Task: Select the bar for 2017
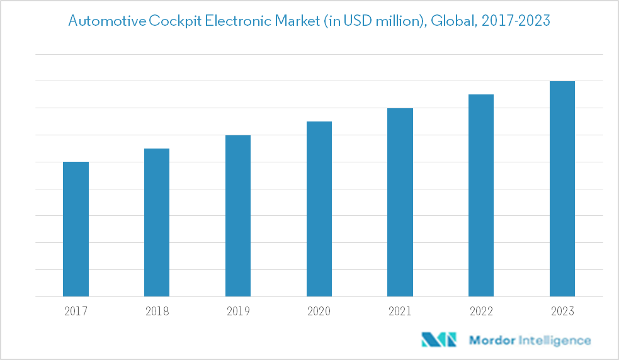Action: pyautogui.click(x=76, y=229)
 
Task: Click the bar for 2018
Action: pyautogui.click(x=157, y=222)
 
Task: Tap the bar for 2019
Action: pyautogui.click(x=238, y=216)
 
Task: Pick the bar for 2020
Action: pyautogui.click(x=319, y=209)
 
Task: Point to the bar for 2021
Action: pyautogui.click(x=400, y=202)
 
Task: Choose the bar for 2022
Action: pyautogui.click(x=481, y=195)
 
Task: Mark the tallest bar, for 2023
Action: pyautogui.click(x=562, y=189)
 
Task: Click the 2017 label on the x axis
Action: pyautogui.click(x=76, y=311)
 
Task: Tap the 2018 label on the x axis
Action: pyautogui.click(x=157, y=311)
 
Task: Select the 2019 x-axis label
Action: pyautogui.click(x=238, y=311)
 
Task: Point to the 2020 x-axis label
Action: pyautogui.click(x=319, y=311)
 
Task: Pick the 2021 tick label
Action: pyautogui.click(x=400, y=311)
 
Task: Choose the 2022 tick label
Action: pyautogui.click(x=481, y=311)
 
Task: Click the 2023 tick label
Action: pyautogui.click(x=562, y=311)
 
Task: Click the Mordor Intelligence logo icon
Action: pyautogui.click(x=439, y=340)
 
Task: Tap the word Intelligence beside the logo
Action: pyautogui.click(x=554, y=340)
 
